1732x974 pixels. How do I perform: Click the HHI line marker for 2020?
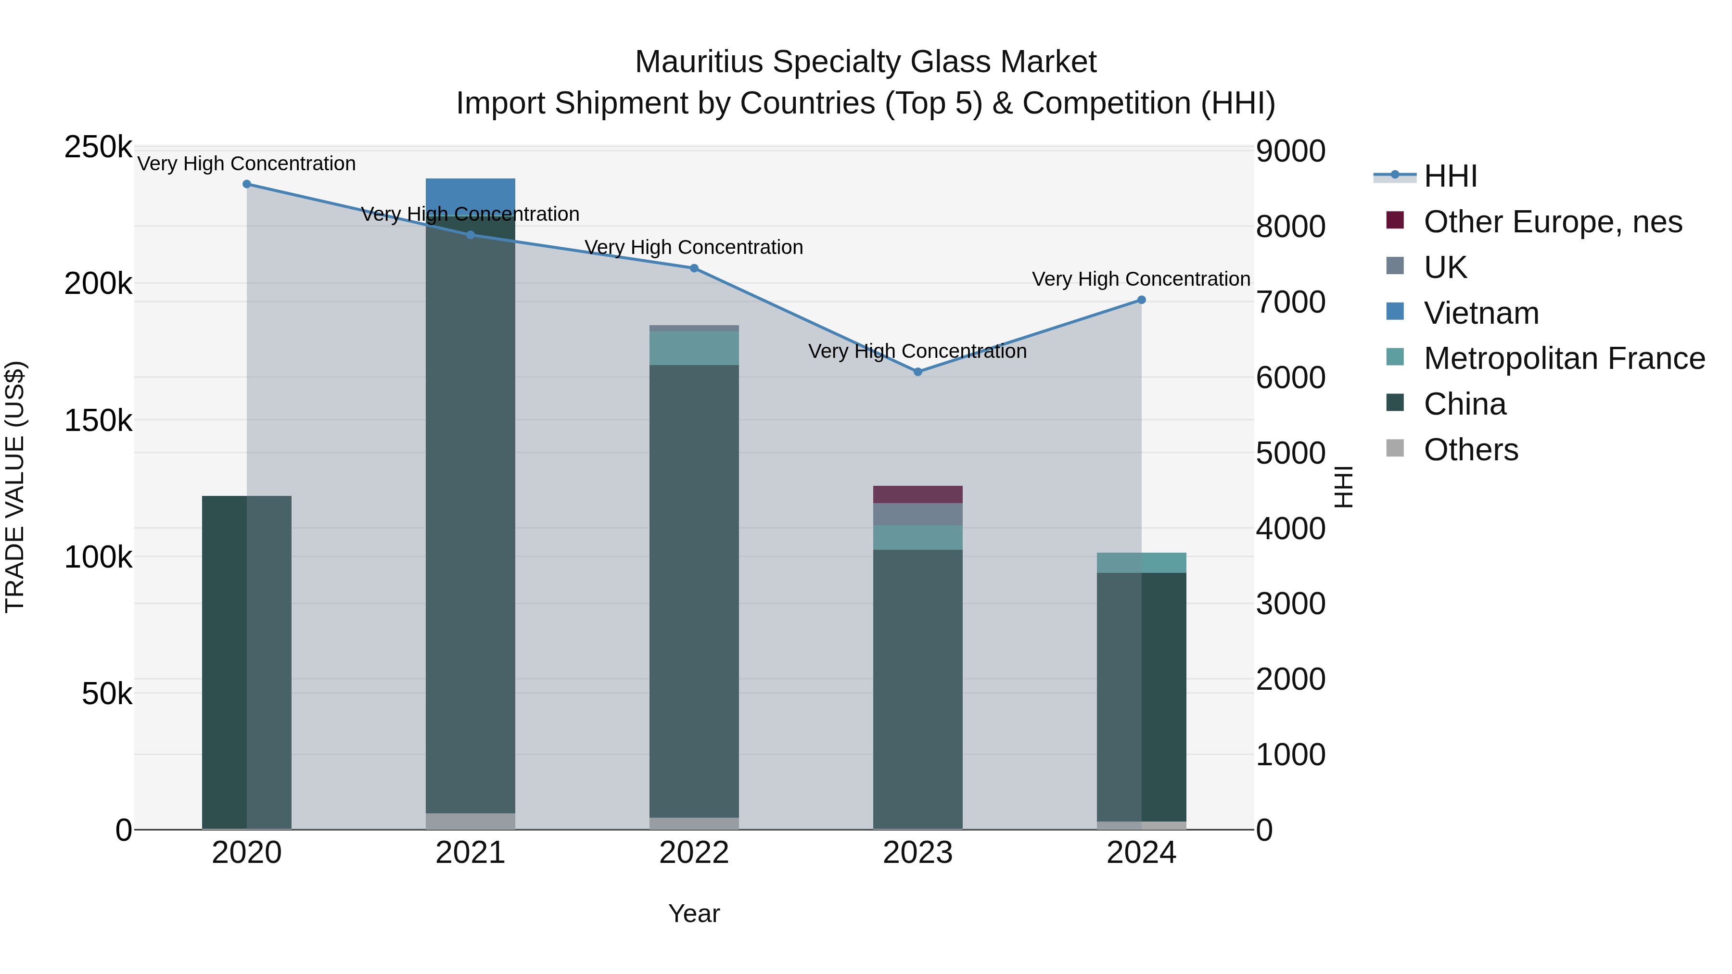(x=247, y=184)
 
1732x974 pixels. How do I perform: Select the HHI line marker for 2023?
(x=918, y=372)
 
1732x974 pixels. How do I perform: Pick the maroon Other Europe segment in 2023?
(x=918, y=494)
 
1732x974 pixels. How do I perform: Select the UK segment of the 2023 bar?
(x=918, y=514)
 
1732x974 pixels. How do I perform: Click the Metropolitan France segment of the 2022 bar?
(x=694, y=348)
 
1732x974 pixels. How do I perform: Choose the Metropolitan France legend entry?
(x=1564, y=359)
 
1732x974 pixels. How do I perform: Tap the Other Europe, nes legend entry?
(x=1553, y=222)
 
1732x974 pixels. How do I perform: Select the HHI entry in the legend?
(x=1450, y=176)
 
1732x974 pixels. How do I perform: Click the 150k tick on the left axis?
(x=98, y=421)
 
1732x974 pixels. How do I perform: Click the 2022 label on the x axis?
(x=694, y=853)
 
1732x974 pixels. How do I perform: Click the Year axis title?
(x=694, y=913)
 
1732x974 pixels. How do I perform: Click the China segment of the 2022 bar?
(x=694, y=592)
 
